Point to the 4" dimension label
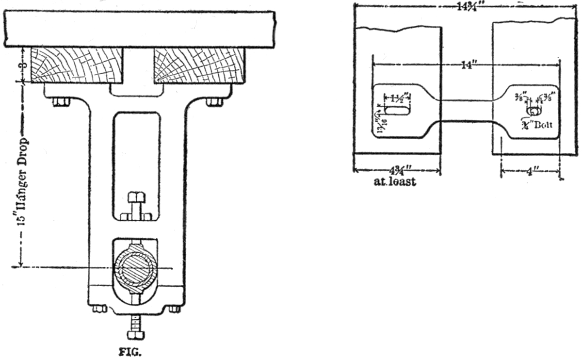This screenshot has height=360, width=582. [x=530, y=173]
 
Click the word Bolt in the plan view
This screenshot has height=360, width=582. [x=542, y=125]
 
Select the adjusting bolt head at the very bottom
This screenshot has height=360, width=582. [x=135, y=335]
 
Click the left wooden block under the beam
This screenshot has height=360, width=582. [x=76, y=65]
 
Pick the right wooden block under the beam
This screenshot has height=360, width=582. [x=199, y=65]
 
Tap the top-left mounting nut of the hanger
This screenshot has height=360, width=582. [x=61, y=101]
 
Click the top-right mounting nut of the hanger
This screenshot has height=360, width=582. [x=214, y=101]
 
